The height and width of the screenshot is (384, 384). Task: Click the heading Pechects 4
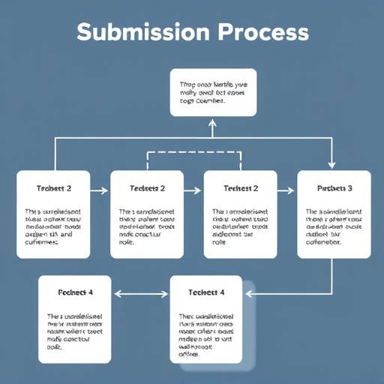pyautogui.click(x=74, y=292)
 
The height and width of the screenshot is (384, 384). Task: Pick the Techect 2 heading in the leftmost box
pyautogui.click(x=53, y=188)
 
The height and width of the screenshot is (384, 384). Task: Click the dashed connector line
pyautogui.click(x=193, y=152)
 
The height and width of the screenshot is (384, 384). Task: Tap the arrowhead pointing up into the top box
pyautogui.click(x=211, y=121)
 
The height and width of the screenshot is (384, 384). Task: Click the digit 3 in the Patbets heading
pyautogui.click(x=349, y=188)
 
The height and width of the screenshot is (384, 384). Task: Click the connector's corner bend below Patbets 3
pyautogui.click(x=332, y=293)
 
